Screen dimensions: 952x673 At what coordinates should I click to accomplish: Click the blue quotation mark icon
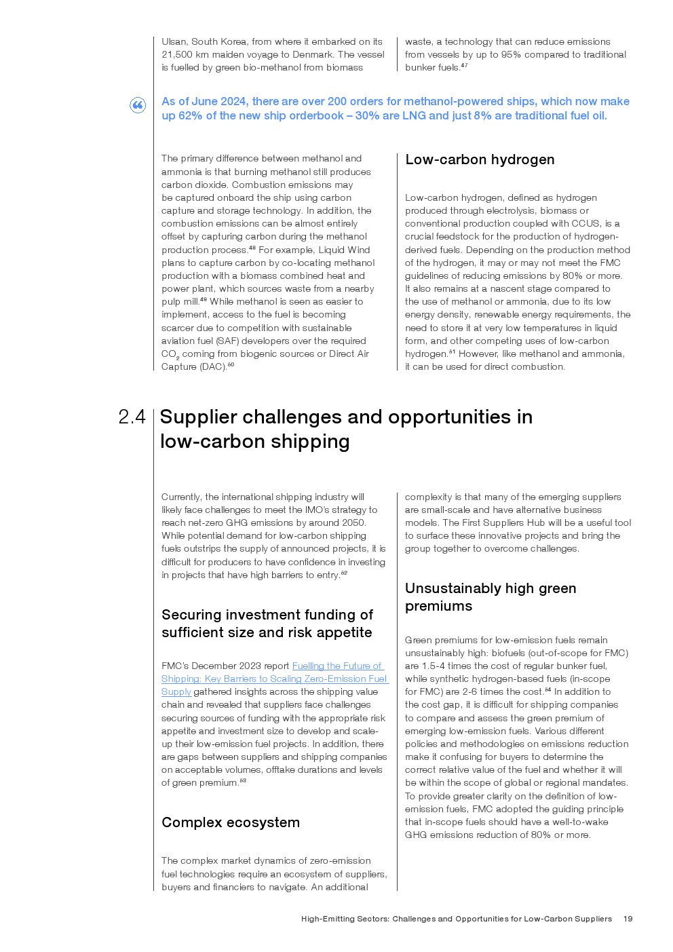(138, 105)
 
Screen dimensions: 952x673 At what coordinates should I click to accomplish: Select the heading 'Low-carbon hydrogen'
(480, 159)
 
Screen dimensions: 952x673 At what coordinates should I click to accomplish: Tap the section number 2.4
(132, 417)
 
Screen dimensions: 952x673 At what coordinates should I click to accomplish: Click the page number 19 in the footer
(628, 919)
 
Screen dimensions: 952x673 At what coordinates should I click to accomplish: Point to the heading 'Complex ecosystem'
(230, 822)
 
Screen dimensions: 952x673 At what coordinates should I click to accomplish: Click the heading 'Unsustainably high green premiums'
(490, 597)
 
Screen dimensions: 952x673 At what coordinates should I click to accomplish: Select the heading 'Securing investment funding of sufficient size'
(267, 624)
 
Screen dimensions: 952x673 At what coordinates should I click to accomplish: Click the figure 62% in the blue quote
(191, 116)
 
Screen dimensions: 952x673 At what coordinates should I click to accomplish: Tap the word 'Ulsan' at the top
(174, 41)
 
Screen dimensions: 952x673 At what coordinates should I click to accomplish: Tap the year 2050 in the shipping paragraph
(352, 523)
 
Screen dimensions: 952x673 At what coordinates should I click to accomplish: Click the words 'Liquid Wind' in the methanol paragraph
(344, 250)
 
